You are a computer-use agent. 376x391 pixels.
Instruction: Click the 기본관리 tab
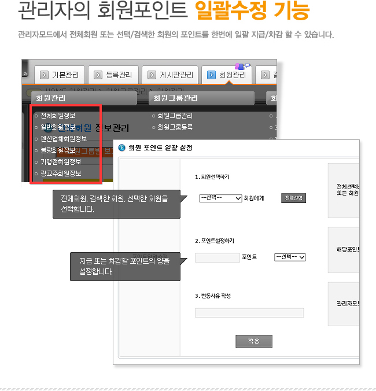[60, 75]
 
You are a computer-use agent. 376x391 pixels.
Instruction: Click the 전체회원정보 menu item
[58, 116]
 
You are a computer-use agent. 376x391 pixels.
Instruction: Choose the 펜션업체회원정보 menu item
[64, 139]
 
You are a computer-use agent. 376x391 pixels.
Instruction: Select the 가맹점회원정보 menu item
[61, 162]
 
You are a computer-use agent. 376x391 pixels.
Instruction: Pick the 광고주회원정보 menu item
[61, 174]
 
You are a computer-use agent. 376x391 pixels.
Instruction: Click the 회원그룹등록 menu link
[175, 127]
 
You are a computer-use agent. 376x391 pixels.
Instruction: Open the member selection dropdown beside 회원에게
[220, 198]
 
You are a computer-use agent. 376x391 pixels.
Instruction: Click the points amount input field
[217, 257]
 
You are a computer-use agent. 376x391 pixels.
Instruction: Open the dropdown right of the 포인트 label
[290, 257]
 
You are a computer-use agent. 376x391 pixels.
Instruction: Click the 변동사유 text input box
[249, 313]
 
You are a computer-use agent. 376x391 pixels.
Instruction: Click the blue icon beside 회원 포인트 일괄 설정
[121, 147]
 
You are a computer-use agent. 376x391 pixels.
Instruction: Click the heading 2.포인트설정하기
[215, 241]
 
